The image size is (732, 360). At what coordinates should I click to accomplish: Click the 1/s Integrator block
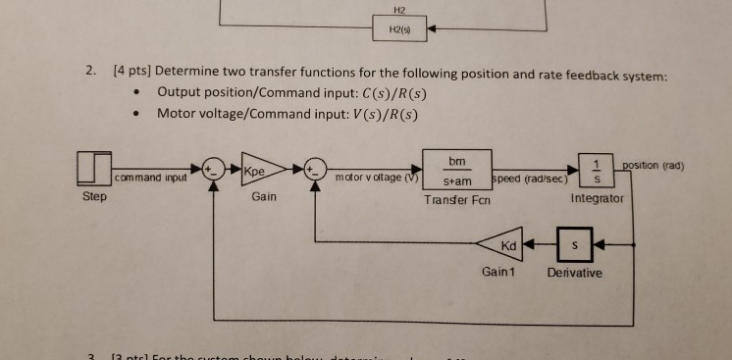594,170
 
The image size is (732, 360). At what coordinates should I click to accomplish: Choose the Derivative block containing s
576,241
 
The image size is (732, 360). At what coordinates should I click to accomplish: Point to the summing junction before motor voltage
314,170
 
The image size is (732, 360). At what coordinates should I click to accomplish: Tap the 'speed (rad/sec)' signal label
531,179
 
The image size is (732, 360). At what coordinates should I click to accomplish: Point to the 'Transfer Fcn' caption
456,200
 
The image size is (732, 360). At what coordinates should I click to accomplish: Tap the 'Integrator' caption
596,199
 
